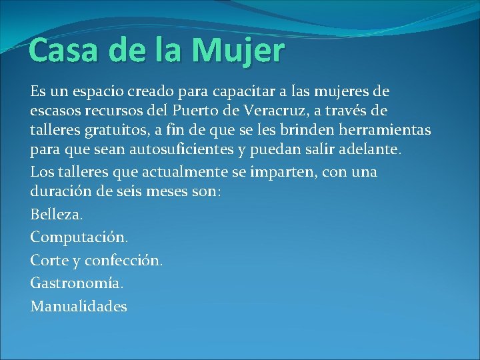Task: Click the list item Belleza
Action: coord(57,215)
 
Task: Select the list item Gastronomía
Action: coord(77,283)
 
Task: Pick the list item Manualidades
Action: coord(79,306)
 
